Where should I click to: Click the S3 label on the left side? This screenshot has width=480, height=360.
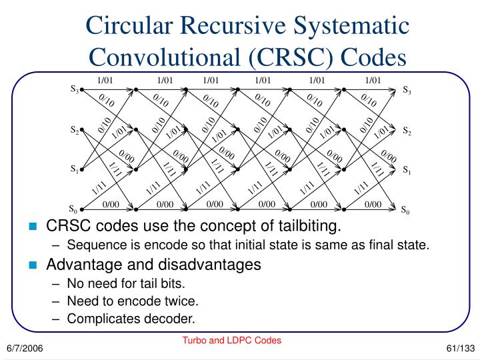[x=75, y=89]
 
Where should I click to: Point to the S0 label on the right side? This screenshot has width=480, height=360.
[x=405, y=210]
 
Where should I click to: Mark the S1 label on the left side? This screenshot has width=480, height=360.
[x=75, y=170]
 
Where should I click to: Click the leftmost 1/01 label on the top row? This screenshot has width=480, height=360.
[x=106, y=81]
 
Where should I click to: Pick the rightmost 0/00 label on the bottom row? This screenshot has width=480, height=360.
[x=373, y=203]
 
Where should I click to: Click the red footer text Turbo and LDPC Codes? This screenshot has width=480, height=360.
[x=233, y=340]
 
